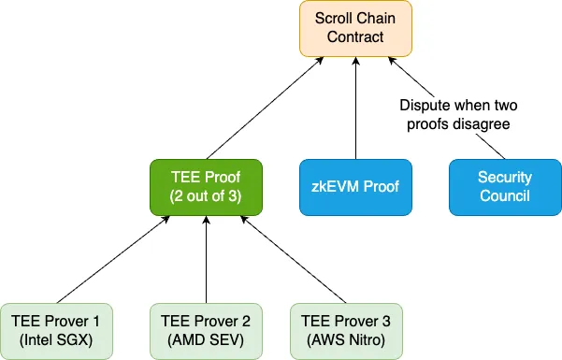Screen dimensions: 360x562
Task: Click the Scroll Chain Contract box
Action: click(355, 28)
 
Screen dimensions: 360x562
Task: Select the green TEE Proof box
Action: click(206, 186)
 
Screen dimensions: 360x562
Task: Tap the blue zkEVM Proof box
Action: click(355, 186)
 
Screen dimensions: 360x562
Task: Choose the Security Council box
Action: click(505, 186)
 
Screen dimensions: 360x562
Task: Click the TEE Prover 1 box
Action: click(56, 330)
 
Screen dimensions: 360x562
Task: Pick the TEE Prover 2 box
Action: click(206, 330)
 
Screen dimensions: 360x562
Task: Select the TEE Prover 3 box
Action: click(346, 330)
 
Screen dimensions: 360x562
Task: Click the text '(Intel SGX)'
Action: click(56, 339)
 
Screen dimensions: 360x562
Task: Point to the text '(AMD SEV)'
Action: click(206, 339)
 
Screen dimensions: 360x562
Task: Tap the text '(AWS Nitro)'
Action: click(346, 339)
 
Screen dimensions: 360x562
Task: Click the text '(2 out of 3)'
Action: click(206, 195)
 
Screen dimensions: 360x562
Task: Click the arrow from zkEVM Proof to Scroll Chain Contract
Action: click(355, 108)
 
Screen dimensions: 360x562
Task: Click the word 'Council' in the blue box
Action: click(505, 195)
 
